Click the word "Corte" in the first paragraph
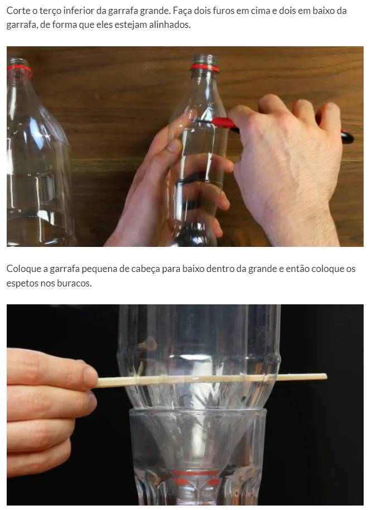point(16,11)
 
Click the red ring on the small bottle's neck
point(204,67)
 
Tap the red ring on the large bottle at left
point(20,69)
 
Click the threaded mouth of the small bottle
point(205,60)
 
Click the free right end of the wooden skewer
point(326,377)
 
